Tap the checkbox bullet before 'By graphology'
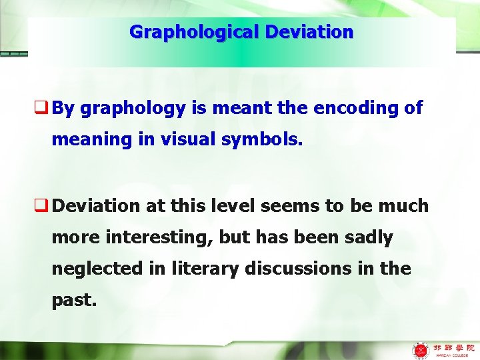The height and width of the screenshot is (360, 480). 45,109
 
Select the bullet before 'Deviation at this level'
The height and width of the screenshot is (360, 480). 45,206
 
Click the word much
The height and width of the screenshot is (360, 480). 403,206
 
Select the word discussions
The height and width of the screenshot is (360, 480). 304,269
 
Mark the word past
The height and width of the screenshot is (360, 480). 74,300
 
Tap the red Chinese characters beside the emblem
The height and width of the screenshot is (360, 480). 453,346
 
